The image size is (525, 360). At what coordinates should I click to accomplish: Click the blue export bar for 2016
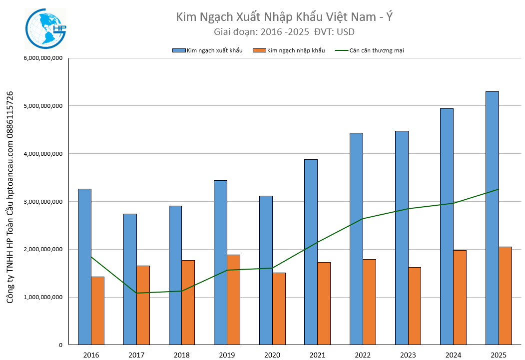click(85, 267)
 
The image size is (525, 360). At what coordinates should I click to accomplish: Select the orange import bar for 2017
click(143, 305)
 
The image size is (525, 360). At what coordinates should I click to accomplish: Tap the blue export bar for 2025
click(492, 218)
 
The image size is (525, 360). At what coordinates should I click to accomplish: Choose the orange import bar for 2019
click(233, 300)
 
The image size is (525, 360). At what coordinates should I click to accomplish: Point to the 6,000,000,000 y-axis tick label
click(43, 58)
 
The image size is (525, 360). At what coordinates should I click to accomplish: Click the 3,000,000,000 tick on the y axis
click(43, 201)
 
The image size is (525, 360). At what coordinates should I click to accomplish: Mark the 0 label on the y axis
click(60, 345)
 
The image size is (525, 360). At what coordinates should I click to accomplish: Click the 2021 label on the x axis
click(317, 355)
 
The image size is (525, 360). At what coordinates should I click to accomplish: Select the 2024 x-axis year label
click(453, 355)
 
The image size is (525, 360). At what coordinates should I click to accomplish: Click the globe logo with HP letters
click(45, 29)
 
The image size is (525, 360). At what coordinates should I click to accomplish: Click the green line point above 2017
click(136, 293)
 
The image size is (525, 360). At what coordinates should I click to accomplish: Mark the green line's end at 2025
click(499, 189)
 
